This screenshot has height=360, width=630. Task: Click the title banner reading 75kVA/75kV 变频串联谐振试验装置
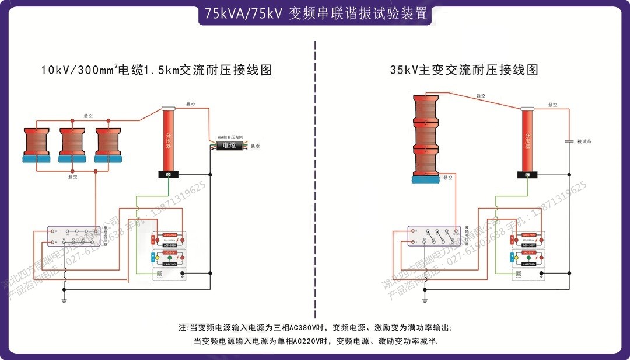316,13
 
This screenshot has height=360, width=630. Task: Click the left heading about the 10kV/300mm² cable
156,70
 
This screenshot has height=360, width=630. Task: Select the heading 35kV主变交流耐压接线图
464,70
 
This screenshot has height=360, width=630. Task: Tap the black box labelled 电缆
226,146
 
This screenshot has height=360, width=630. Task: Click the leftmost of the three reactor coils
37,144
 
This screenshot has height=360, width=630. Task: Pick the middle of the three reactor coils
73,144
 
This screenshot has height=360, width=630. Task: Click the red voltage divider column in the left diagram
168,140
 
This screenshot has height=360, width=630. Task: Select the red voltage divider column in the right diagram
527,140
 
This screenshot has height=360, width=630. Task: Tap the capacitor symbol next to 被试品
569,141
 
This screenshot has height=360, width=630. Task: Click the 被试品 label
584,141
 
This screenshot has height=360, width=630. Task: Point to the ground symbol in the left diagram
64,299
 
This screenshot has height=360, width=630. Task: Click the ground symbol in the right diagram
425,299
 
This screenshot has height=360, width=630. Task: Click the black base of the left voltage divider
168,174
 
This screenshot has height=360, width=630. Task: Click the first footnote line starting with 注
315,328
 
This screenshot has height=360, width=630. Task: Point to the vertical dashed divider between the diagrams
315,175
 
